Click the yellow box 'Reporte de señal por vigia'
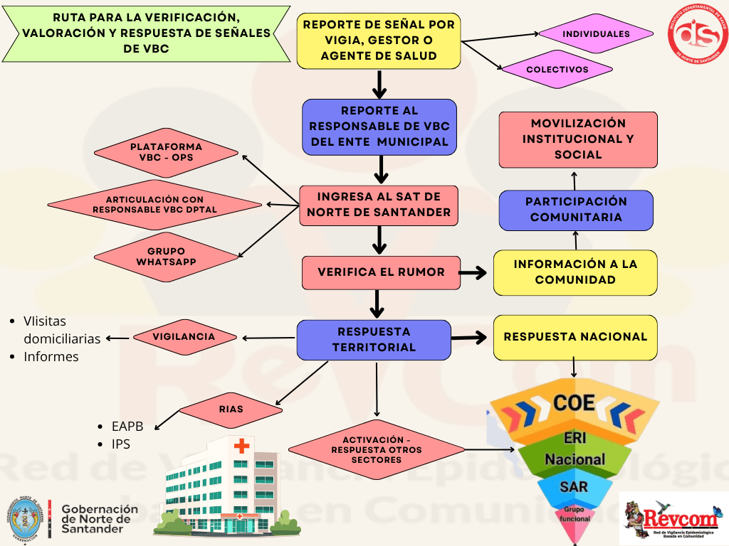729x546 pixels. pyautogui.click(x=379, y=41)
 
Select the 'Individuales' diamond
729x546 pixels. pyautogui.click(x=596, y=33)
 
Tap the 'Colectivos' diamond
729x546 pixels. pyautogui.click(x=557, y=70)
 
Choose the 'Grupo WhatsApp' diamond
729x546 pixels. pyautogui.click(x=166, y=257)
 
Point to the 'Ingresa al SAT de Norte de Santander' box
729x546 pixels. pyautogui.click(x=379, y=205)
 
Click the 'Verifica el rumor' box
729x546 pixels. pyautogui.click(x=381, y=272)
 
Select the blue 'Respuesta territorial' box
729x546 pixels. pyautogui.click(x=374, y=339)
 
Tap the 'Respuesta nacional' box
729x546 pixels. pyautogui.click(x=575, y=336)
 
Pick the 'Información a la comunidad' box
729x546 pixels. pyautogui.click(x=575, y=272)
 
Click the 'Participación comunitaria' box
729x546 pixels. pyautogui.click(x=575, y=210)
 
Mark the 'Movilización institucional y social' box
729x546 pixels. pyautogui.click(x=577, y=139)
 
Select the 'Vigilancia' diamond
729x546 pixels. pyautogui.click(x=184, y=337)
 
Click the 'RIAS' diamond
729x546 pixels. pyautogui.click(x=231, y=409)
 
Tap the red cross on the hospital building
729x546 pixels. pyautogui.click(x=242, y=446)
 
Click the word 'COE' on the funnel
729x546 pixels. pyautogui.click(x=574, y=403)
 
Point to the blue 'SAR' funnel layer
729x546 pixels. pyautogui.click(x=574, y=487)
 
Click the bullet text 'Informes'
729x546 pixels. pyautogui.click(x=51, y=357)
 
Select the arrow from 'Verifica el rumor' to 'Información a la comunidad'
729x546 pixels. pyautogui.click(x=473, y=272)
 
